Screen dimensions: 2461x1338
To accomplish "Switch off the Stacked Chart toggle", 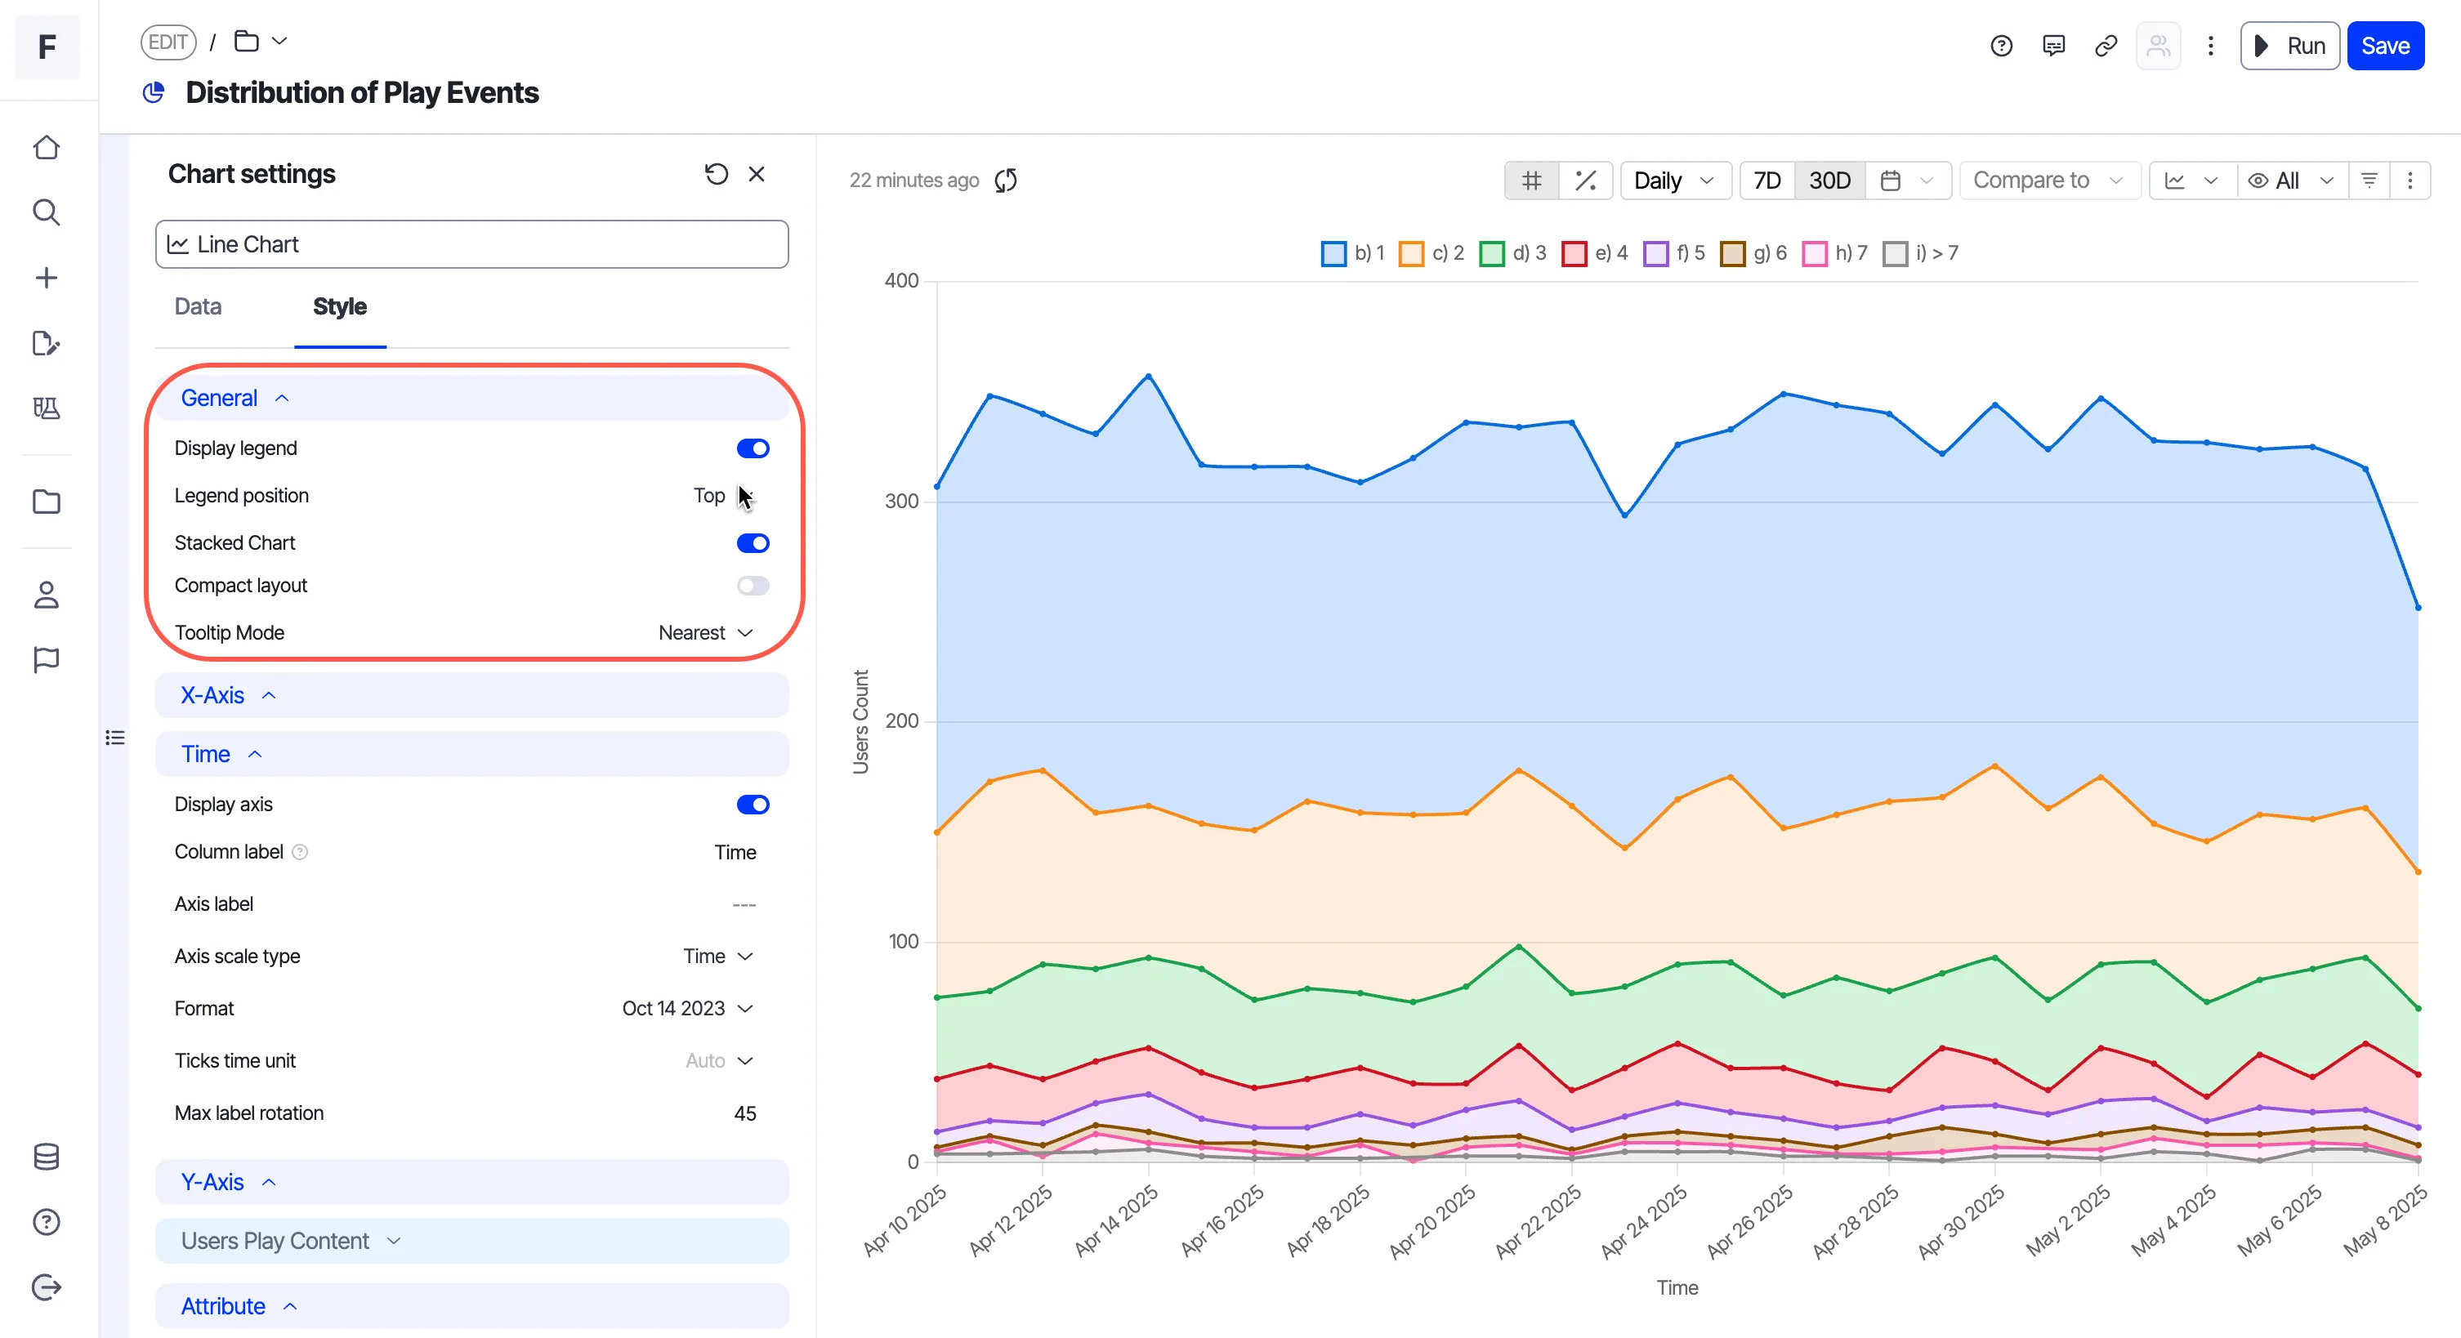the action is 753,543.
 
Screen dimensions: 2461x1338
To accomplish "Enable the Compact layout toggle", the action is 753,586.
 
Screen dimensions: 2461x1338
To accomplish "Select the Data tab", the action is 198,306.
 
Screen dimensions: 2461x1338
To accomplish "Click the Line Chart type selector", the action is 472,244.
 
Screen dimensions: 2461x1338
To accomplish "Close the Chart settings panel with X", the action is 757,174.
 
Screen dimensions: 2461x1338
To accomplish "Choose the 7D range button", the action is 1766,181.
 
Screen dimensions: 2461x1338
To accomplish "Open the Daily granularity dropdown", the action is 1675,181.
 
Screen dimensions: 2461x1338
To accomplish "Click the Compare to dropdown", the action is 2048,181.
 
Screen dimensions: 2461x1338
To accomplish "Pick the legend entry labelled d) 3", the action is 1513,253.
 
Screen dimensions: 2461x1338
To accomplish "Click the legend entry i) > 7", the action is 1920,253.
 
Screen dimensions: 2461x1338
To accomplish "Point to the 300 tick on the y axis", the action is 902,502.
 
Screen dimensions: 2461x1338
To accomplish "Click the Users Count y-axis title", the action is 860,721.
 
